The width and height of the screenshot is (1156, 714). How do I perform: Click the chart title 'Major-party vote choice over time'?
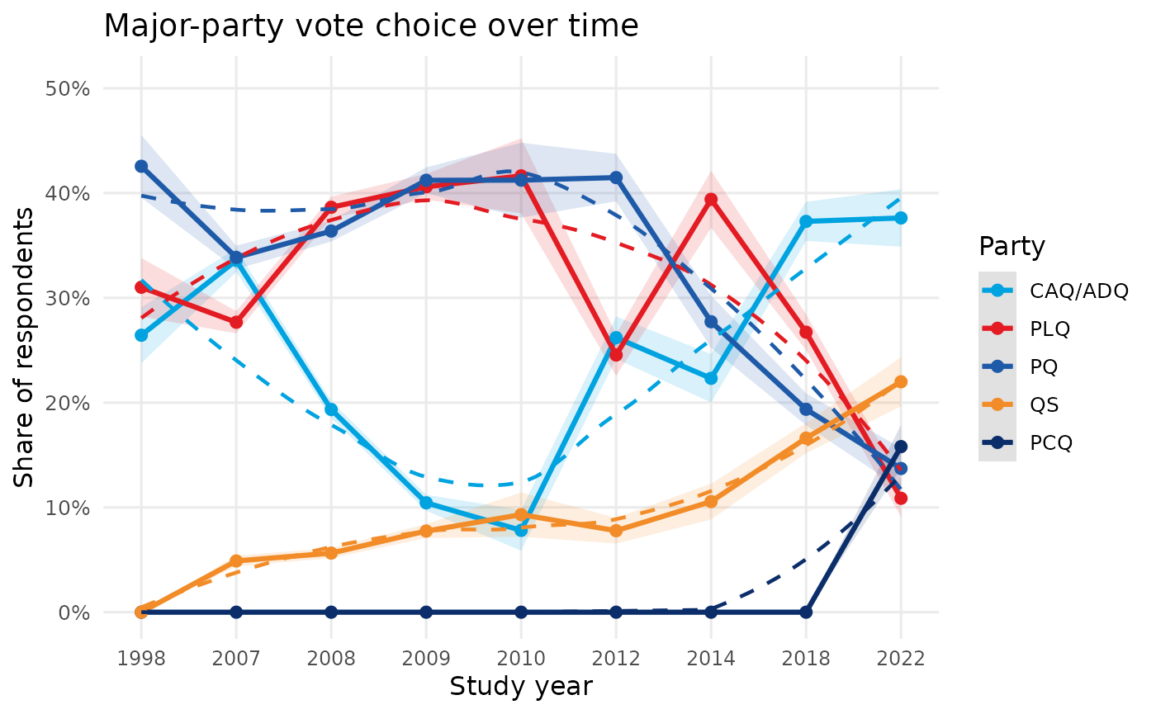pyautogui.click(x=371, y=26)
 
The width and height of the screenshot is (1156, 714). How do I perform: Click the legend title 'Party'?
pyautogui.click(x=1011, y=246)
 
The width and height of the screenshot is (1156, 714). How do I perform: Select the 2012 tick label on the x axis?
pyautogui.click(x=616, y=658)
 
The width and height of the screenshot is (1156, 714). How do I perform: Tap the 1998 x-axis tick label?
pyautogui.click(x=141, y=658)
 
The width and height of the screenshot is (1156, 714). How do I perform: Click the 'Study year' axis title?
pyautogui.click(x=520, y=686)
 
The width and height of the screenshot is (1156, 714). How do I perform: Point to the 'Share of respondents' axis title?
pyautogui.click(x=25, y=348)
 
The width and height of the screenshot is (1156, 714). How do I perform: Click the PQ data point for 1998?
pyautogui.click(x=141, y=166)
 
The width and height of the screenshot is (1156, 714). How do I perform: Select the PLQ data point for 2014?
pyautogui.click(x=711, y=199)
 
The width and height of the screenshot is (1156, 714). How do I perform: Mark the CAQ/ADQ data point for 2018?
pyautogui.click(x=806, y=221)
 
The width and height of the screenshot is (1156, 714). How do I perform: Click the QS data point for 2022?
pyautogui.click(x=901, y=381)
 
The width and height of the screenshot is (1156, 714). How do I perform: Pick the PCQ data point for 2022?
pyautogui.click(x=901, y=447)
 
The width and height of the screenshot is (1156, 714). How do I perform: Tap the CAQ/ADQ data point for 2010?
pyautogui.click(x=521, y=530)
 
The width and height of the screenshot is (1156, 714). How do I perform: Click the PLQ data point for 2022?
pyautogui.click(x=901, y=498)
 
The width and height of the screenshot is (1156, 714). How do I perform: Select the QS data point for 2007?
pyautogui.click(x=236, y=560)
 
